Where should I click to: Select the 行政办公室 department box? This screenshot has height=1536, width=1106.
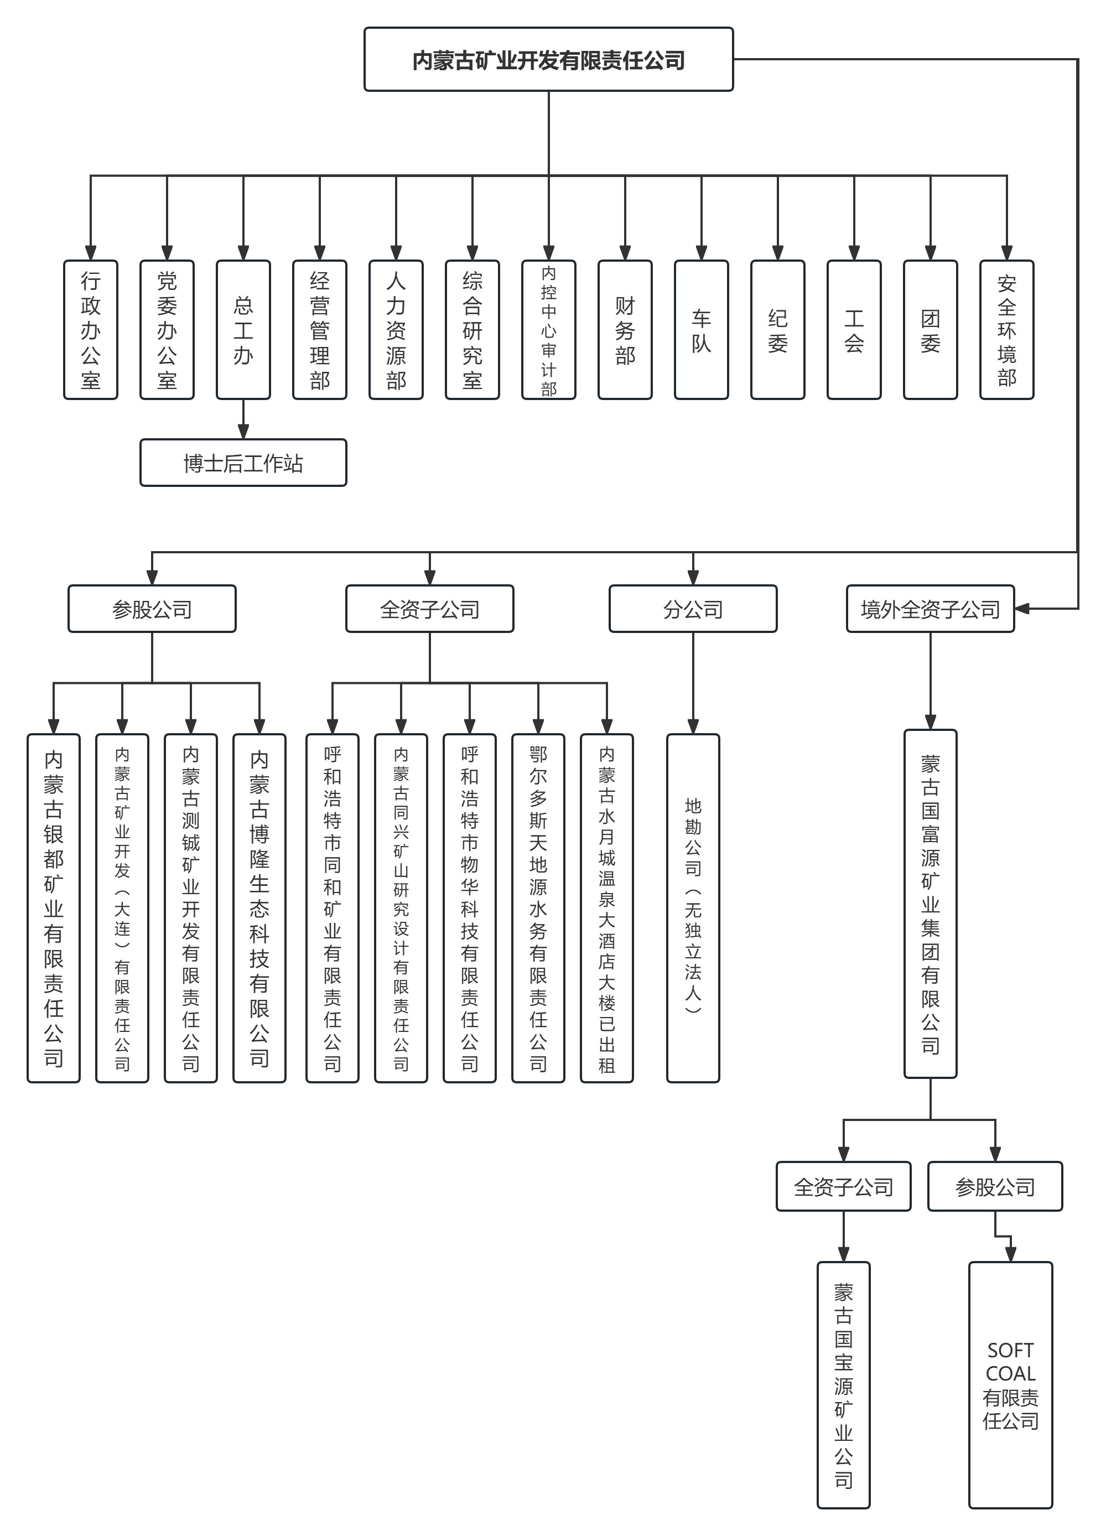tap(91, 330)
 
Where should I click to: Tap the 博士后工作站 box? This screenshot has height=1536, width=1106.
tap(243, 463)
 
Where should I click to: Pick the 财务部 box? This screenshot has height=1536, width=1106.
tap(625, 330)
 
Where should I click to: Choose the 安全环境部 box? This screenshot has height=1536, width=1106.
tap(1006, 330)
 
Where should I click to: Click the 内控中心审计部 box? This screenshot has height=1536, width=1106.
tap(549, 330)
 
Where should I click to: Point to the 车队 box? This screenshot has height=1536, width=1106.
tap(701, 330)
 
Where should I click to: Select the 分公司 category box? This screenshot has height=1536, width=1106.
tap(692, 609)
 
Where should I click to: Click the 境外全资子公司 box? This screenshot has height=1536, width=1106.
tap(930, 609)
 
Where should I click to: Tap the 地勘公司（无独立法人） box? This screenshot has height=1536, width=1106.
tap(693, 907)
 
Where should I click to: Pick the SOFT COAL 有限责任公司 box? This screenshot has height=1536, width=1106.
tap(1010, 1384)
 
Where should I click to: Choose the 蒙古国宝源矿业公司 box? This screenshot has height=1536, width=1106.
tap(843, 1384)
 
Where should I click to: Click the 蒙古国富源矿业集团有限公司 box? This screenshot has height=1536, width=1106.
tap(930, 904)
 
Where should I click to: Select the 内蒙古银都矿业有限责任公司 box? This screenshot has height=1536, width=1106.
tap(54, 907)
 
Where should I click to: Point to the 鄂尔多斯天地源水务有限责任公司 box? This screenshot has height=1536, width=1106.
tap(538, 907)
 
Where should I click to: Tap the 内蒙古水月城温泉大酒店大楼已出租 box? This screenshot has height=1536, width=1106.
tap(607, 907)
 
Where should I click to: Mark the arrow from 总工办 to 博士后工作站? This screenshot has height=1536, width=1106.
tap(243, 420)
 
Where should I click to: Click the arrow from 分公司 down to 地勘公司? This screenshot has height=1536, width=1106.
tap(693, 684)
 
